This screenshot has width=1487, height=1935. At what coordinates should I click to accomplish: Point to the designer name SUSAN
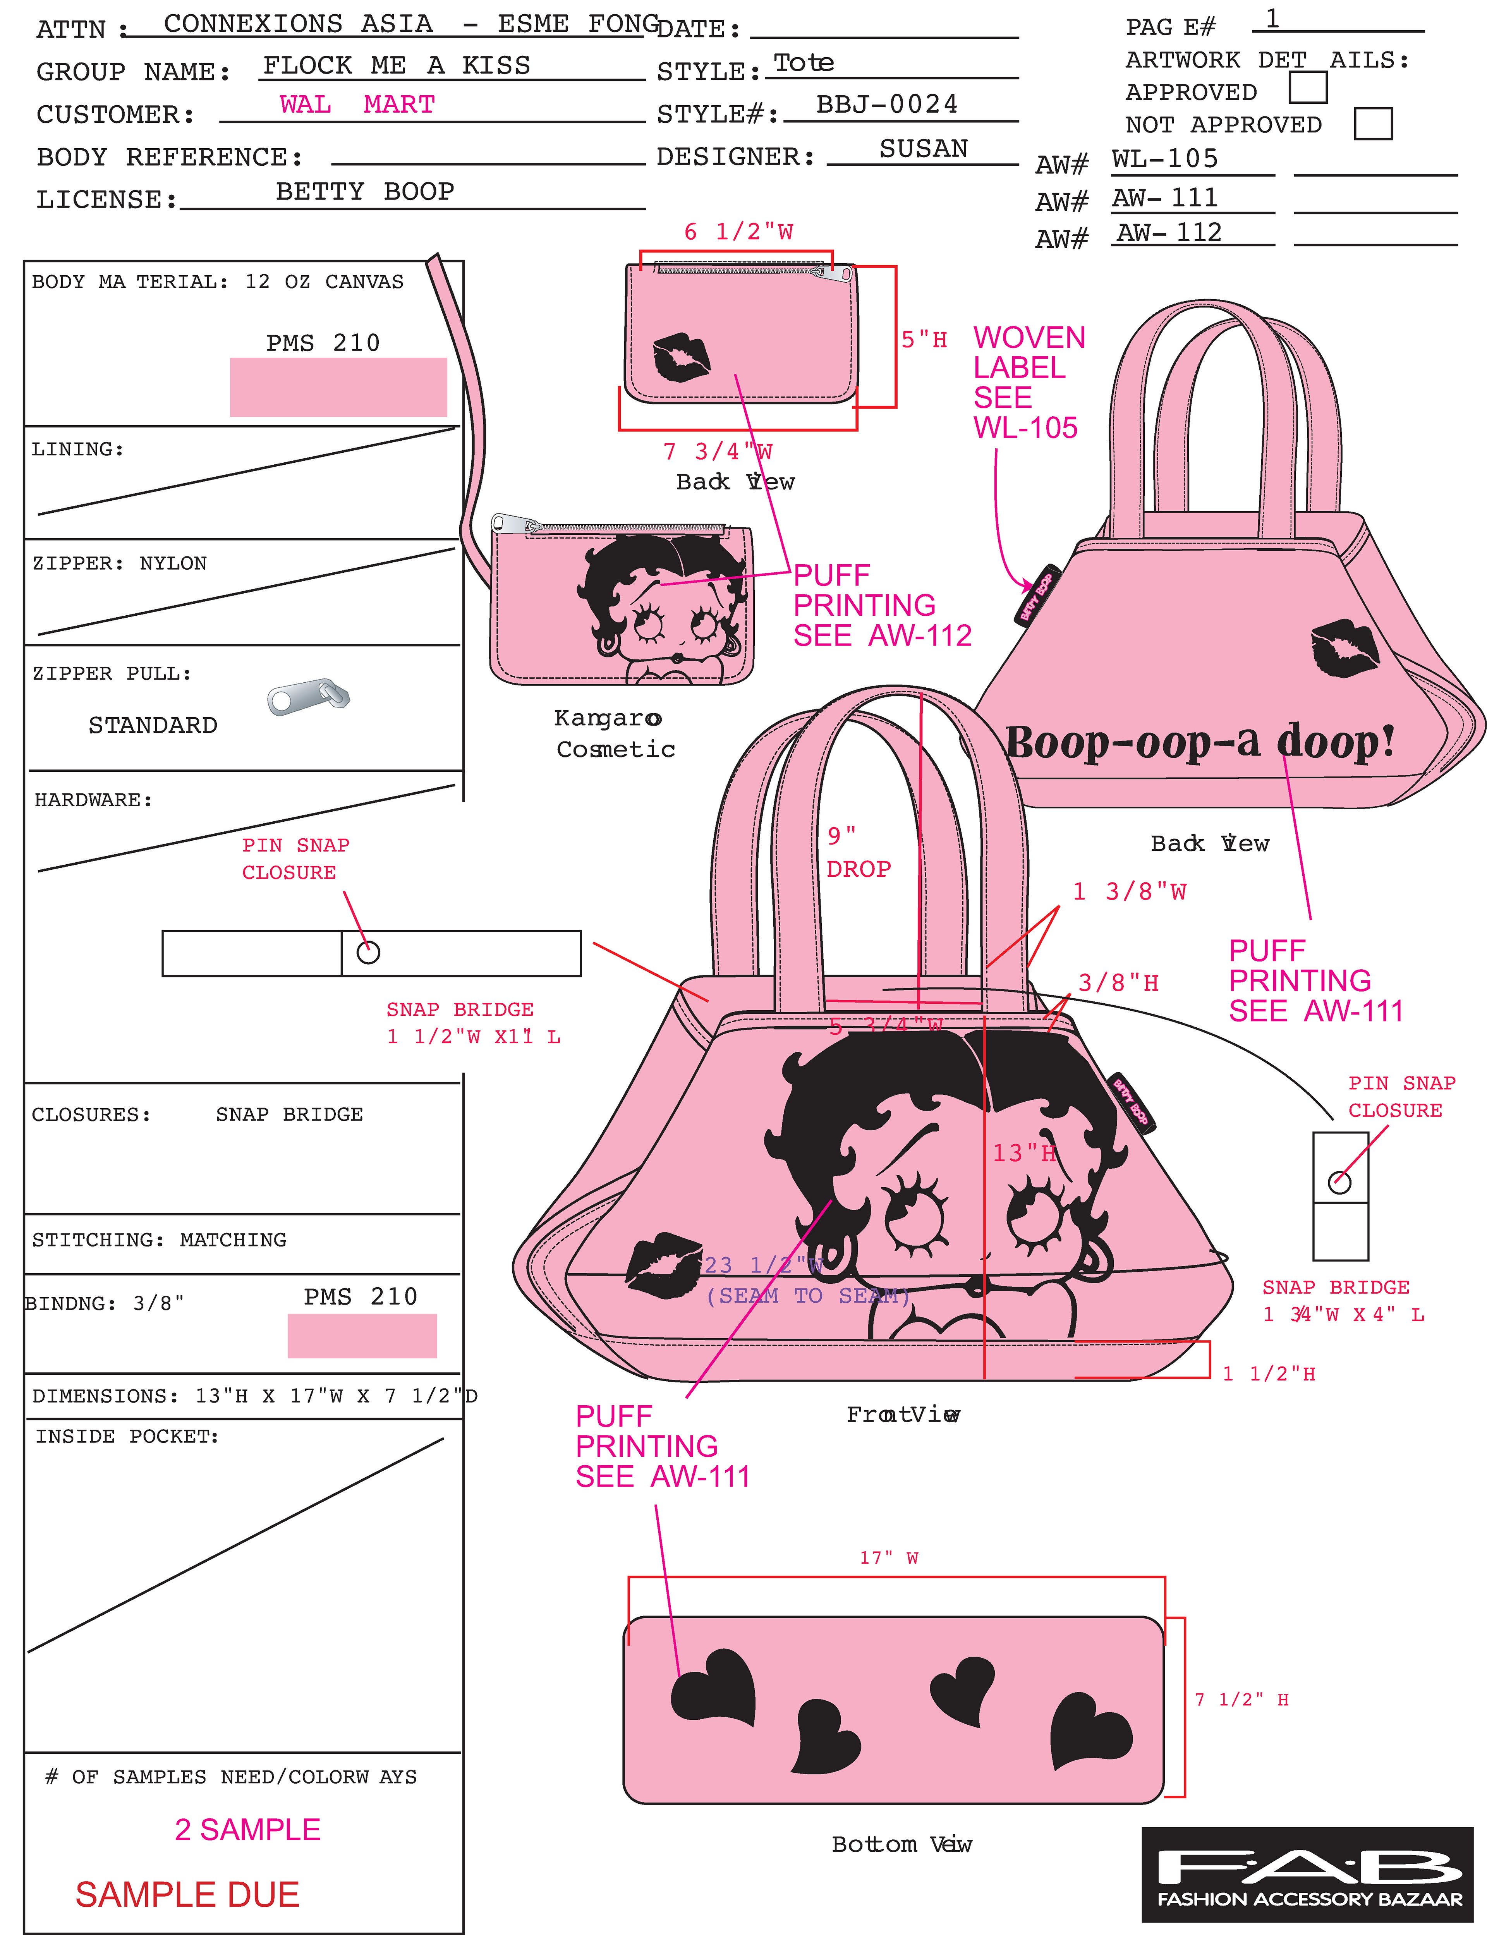point(923,149)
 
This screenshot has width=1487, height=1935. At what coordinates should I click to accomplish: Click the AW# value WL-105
point(1165,159)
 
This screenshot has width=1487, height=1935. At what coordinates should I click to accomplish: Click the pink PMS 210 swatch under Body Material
point(338,387)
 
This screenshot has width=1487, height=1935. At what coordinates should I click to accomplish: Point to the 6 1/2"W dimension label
point(738,232)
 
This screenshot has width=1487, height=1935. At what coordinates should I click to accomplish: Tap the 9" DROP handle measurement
point(857,852)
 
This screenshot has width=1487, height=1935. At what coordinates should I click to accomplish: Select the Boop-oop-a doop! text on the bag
point(1199,742)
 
